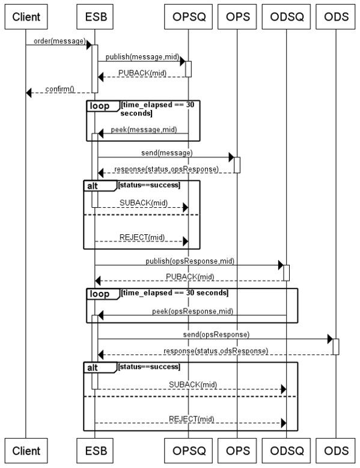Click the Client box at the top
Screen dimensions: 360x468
coord(26,17)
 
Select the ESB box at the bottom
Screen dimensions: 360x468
coord(94,451)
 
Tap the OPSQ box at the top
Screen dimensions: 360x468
coord(188,17)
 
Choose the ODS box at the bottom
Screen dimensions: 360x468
coord(335,451)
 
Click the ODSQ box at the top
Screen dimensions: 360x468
coord(286,17)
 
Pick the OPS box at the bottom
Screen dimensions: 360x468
coord(237,451)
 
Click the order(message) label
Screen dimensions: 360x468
coord(59,41)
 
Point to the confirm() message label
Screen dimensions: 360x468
coord(59,89)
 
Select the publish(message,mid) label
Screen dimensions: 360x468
coord(142,56)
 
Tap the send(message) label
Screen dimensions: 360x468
coord(167,153)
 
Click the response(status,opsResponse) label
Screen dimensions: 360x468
coord(166,169)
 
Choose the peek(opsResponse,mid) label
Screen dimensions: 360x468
coord(192,311)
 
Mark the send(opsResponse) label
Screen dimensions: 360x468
coord(216,335)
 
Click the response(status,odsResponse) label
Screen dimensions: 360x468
coord(216,351)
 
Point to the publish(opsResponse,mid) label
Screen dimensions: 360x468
coord(190,261)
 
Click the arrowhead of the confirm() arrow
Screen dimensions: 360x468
coord(29,93)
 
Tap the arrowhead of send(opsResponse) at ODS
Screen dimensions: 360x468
coord(330,339)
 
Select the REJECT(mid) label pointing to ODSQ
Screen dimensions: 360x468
coord(192,419)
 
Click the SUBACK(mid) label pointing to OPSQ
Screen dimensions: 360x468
coord(144,203)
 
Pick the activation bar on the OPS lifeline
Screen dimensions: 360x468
coord(237,165)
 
